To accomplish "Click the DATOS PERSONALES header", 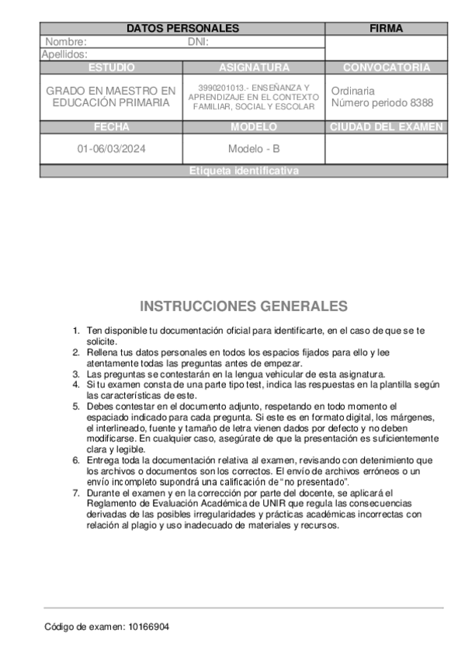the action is [182, 29].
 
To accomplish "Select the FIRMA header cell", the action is [386, 29].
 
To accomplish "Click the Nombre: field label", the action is [66, 42].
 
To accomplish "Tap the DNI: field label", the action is [199, 42].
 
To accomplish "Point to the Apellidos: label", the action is [64, 54].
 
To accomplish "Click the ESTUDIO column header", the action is [111, 68].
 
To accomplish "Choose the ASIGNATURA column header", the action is [254, 68].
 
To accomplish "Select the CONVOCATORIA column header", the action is [386, 68].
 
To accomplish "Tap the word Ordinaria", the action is [352, 91].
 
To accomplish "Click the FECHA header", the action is [111, 127].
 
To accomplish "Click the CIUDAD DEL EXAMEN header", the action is [386, 127].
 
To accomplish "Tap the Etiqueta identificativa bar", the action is [243, 171].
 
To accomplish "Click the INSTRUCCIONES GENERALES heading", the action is [244, 306].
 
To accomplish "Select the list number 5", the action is [76, 406].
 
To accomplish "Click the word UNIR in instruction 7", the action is [282, 504].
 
